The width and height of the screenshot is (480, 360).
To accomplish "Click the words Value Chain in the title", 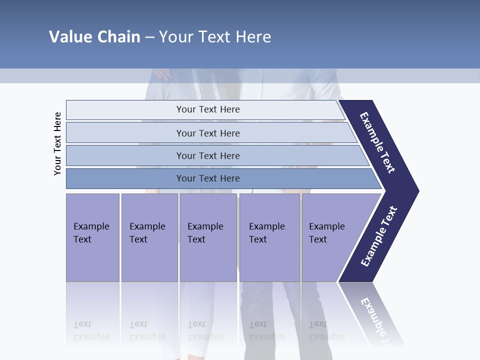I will click(x=94, y=37).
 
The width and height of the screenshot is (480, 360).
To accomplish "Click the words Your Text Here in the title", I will click(x=215, y=37).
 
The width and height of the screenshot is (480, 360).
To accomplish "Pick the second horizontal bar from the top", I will click(x=207, y=133).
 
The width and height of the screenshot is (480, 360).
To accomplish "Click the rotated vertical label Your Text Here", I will click(x=58, y=143).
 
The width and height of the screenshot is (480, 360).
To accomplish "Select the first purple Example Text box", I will click(x=92, y=237).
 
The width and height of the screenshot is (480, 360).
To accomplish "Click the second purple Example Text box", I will click(x=149, y=237).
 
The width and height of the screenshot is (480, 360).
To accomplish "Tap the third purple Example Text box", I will click(x=208, y=237).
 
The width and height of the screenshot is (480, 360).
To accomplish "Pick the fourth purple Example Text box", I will click(x=269, y=237).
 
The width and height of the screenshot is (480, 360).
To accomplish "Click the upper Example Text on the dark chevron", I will click(x=377, y=142).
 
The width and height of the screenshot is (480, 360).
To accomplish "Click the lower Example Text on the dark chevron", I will click(x=378, y=236).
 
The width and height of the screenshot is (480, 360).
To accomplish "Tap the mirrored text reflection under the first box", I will click(x=91, y=330).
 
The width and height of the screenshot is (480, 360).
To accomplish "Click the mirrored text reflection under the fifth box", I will click(x=326, y=330).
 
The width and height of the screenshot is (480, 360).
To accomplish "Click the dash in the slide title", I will click(x=149, y=37).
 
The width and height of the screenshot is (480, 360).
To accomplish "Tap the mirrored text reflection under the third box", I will click(x=205, y=330).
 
